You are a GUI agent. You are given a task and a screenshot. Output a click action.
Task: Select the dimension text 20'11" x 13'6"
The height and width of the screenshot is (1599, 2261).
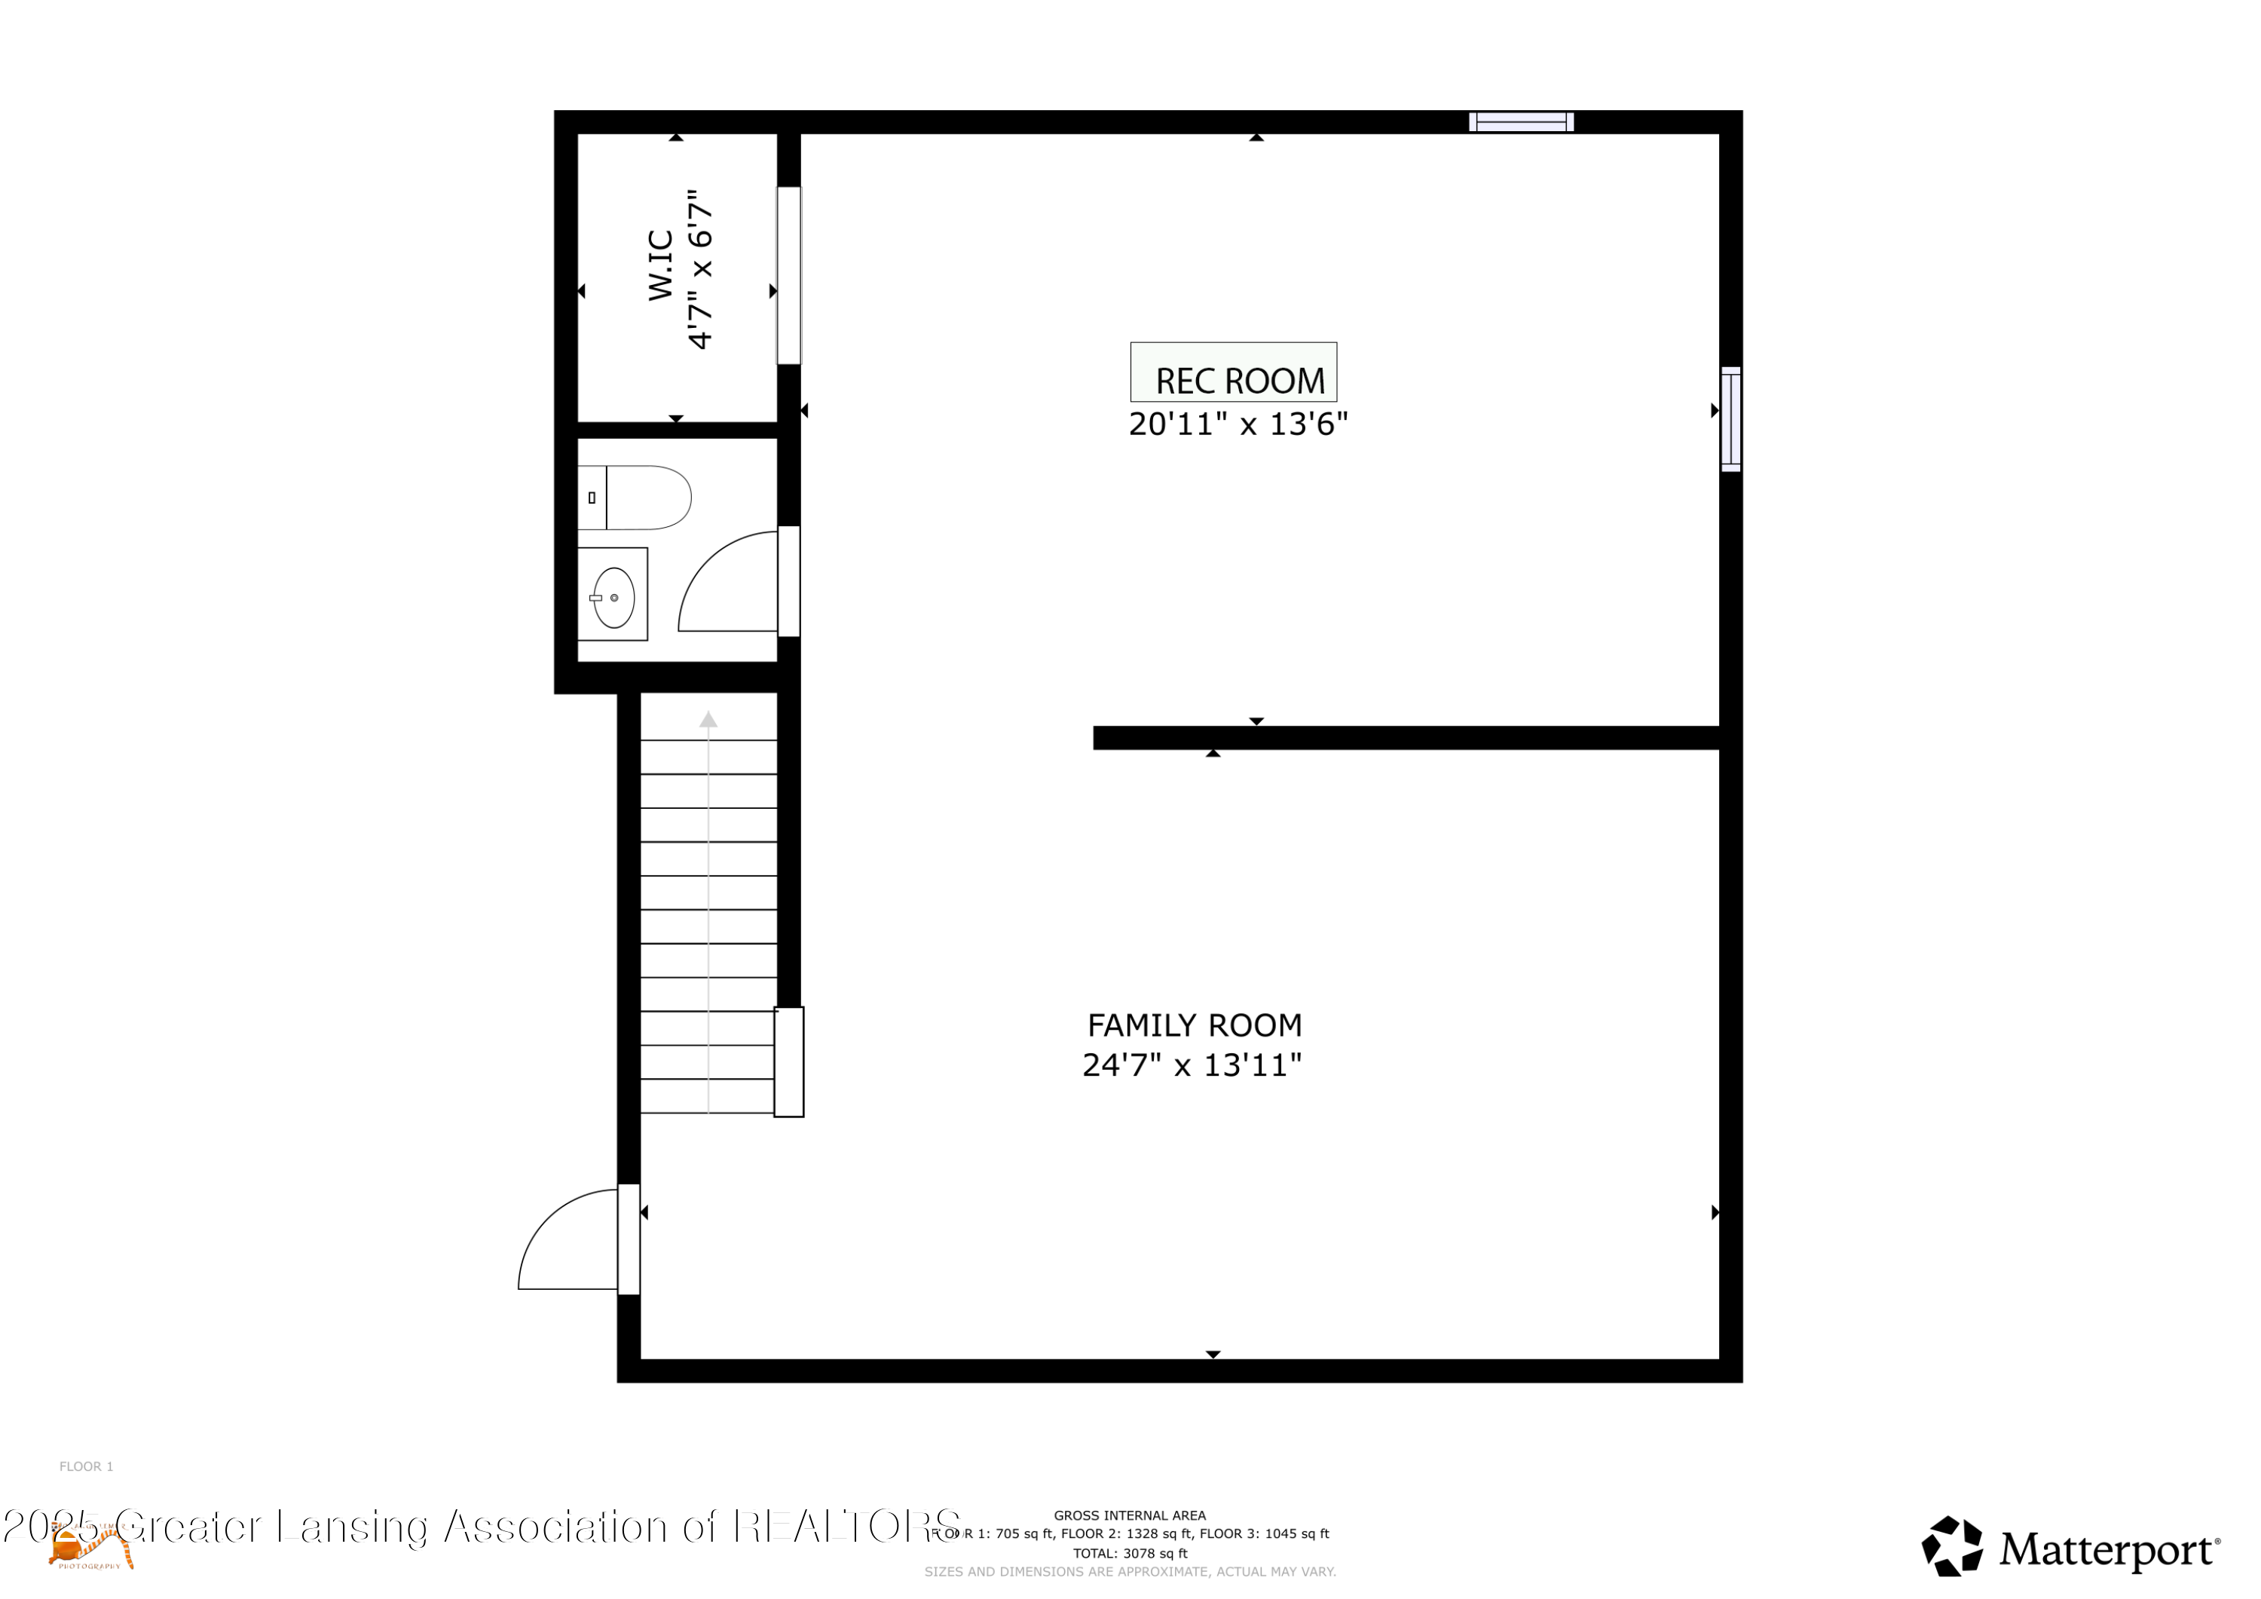point(1238,424)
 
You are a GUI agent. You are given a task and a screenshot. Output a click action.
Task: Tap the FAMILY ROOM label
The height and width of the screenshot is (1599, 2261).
point(1194,1025)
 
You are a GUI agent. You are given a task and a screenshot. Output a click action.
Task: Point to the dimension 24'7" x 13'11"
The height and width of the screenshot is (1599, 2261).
point(1192,1065)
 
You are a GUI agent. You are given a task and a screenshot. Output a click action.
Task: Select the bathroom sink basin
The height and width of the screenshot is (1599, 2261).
point(613,597)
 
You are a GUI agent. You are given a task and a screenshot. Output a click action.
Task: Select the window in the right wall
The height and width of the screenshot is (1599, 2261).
point(1730,420)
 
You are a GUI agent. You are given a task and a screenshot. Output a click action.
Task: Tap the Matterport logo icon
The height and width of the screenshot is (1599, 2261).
point(1952,1547)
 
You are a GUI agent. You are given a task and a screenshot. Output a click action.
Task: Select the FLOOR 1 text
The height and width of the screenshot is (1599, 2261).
point(87,1467)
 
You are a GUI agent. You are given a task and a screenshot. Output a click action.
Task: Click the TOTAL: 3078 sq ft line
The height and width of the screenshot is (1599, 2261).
point(1130,1554)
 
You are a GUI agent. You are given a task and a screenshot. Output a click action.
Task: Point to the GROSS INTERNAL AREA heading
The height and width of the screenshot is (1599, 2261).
point(1130,1516)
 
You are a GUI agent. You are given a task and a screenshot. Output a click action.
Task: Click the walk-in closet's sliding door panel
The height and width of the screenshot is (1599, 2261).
point(789,276)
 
